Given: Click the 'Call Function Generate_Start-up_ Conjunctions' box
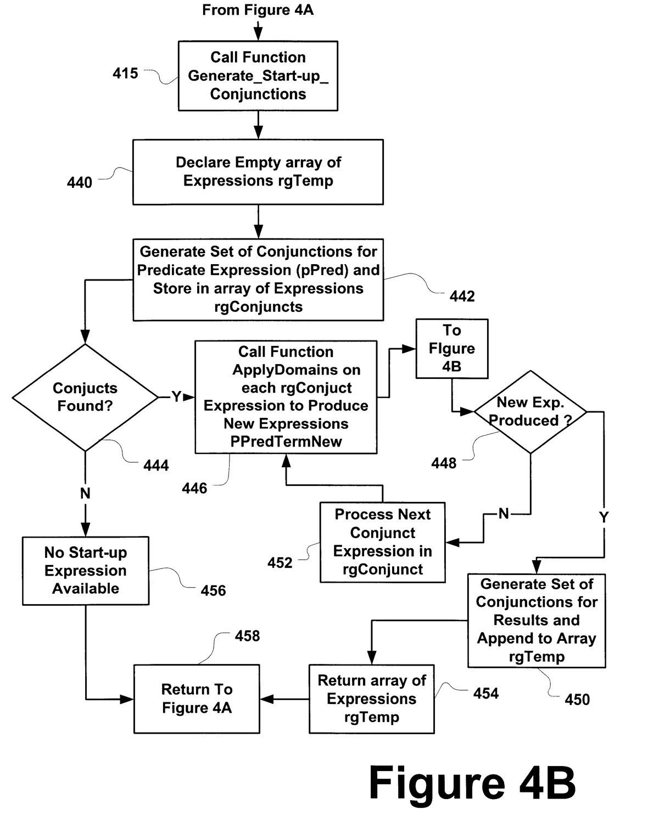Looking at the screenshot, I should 258,76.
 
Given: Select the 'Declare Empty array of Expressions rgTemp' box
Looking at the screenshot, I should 258,172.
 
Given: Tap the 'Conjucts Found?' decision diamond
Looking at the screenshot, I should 85,397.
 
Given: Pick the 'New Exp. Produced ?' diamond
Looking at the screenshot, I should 530,412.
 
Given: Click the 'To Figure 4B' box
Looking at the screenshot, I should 451,349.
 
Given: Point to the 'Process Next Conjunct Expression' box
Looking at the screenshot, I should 382,542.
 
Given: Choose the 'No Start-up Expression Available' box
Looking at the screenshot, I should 86,571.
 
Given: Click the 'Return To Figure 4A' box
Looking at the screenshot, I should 197,699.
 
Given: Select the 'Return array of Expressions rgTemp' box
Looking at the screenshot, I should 371,699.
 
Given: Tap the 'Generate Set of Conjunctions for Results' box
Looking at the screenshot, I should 537,621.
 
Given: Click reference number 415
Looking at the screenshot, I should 125,73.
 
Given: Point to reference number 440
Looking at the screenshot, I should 80,182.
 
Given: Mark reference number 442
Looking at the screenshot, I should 462,297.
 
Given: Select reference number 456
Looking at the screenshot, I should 213,591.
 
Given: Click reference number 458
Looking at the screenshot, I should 247,636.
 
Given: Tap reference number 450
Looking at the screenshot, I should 577,700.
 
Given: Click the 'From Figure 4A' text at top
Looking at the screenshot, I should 258,10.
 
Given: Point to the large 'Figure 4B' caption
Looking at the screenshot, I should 472,783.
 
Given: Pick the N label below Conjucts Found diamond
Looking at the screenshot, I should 85,493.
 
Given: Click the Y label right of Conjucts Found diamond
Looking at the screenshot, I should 176,396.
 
